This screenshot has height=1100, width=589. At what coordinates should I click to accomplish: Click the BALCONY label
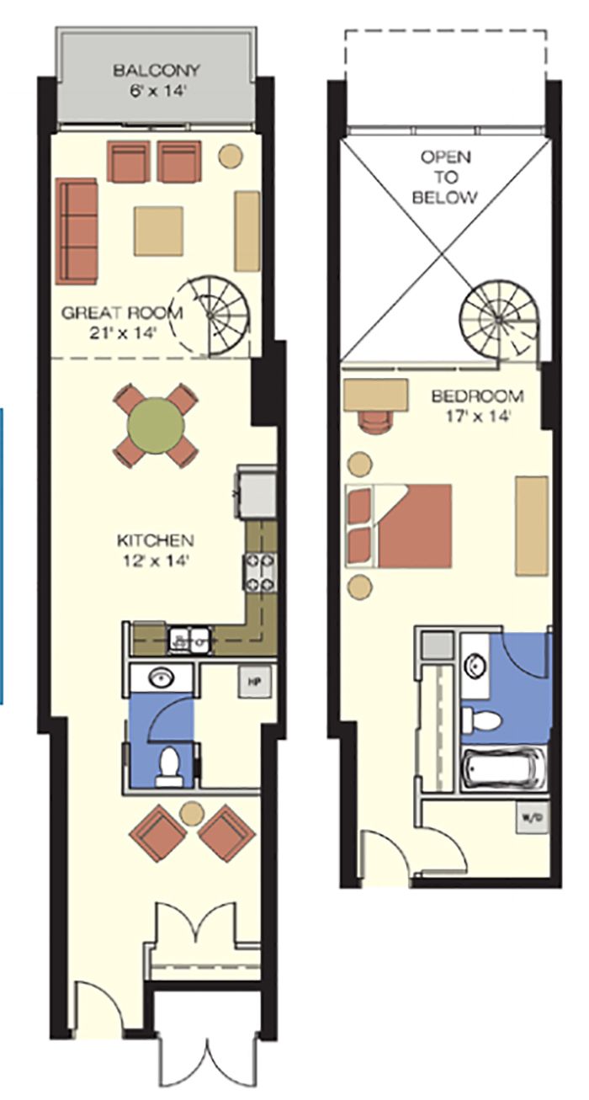point(157,70)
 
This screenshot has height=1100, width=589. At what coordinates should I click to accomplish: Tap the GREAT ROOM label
point(122,312)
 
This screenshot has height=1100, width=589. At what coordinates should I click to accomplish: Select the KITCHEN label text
point(155,540)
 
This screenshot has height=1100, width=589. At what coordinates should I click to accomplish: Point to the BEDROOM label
point(478,396)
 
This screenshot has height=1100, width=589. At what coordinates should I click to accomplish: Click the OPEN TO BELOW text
point(445,177)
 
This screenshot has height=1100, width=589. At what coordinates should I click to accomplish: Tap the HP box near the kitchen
point(254,682)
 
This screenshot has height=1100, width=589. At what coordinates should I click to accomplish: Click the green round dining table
point(156,425)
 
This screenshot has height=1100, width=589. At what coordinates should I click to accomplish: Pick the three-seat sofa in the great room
point(77,231)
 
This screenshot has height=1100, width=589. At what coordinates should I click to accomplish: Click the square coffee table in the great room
point(158,231)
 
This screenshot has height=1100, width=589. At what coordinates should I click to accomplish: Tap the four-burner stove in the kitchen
point(258,571)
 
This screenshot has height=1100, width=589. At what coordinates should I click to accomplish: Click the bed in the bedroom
point(399,526)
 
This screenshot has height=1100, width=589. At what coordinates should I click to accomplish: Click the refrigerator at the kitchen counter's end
point(256,492)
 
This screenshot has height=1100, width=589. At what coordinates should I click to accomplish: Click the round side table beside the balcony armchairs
point(231,155)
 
